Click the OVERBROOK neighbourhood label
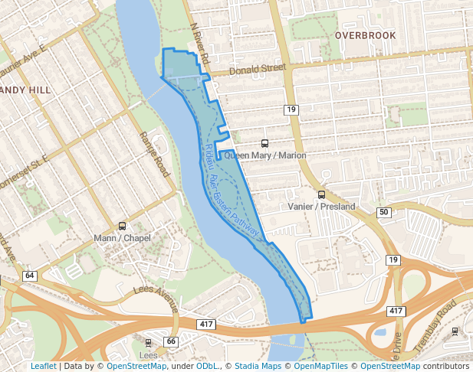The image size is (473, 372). [x=365, y=35]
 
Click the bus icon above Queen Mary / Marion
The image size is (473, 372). [x=265, y=143]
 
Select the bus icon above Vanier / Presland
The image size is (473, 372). [x=321, y=194]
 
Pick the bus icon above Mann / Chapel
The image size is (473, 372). [x=122, y=226]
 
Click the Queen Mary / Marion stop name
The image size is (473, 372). [x=265, y=155]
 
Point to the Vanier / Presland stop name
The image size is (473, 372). [x=321, y=207]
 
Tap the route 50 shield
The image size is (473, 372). [x=383, y=212]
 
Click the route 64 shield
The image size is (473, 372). [x=30, y=276]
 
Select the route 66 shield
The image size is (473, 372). [x=170, y=341]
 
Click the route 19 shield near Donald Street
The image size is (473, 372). [x=291, y=110]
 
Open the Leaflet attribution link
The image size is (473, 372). [x=44, y=367]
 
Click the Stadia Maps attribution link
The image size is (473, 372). [x=258, y=367]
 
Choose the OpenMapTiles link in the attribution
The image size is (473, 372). [x=321, y=367]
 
